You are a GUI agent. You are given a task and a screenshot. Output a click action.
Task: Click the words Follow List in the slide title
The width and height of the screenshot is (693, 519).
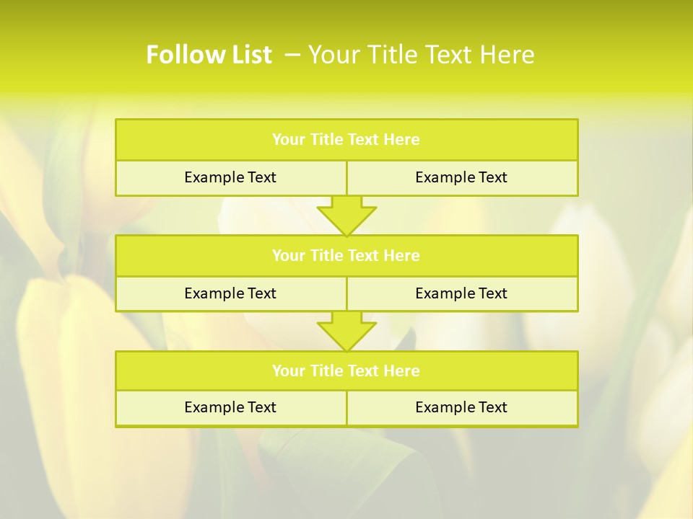click(209, 55)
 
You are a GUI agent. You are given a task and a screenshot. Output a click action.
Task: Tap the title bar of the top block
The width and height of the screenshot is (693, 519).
click(346, 140)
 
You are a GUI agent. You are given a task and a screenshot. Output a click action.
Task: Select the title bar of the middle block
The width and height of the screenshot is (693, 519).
click(346, 255)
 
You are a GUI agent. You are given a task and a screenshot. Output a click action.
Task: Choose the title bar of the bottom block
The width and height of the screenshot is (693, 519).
click(346, 371)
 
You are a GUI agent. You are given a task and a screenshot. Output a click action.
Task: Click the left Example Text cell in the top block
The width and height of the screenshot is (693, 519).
click(230, 177)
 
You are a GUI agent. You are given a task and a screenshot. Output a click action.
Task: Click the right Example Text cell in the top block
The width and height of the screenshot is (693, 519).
click(461, 177)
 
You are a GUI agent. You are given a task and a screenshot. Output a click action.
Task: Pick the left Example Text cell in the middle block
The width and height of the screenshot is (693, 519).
click(230, 293)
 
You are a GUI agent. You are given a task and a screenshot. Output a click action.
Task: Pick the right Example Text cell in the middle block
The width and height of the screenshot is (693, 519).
click(461, 293)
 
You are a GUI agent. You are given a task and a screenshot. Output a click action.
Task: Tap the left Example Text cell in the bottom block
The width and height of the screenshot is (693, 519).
click(230, 407)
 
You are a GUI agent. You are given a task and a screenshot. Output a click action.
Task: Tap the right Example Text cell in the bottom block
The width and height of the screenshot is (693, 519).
click(461, 407)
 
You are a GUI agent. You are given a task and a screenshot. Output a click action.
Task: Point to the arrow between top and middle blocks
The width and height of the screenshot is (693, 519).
click(346, 216)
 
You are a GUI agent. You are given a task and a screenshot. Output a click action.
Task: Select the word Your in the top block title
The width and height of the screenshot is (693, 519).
click(289, 140)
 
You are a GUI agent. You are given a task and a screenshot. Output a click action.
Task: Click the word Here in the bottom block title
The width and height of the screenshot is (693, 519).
click(402, 371)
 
